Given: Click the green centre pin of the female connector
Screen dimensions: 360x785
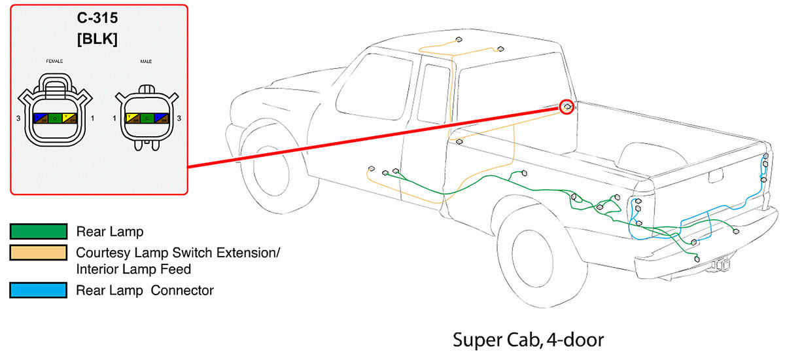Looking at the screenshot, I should click(55, 118).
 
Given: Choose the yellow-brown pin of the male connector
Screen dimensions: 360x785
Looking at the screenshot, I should click(132, 118).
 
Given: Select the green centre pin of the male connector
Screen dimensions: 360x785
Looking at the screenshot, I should click(147, 118).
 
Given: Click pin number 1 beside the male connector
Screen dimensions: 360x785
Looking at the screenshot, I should click(114, 118).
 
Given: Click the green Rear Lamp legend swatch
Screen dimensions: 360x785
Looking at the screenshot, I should click(38, 231).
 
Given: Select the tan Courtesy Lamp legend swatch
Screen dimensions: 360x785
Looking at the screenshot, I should click(38, 252).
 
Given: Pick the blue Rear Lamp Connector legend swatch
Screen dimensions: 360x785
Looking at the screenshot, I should click(38, 289).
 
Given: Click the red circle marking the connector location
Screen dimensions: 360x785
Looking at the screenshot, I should click(567, 106).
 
